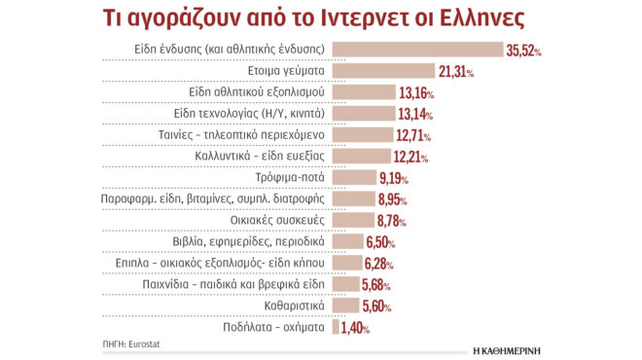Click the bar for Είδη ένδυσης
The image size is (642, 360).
coord(416,49)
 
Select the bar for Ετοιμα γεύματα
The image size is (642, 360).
coord(383,70)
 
